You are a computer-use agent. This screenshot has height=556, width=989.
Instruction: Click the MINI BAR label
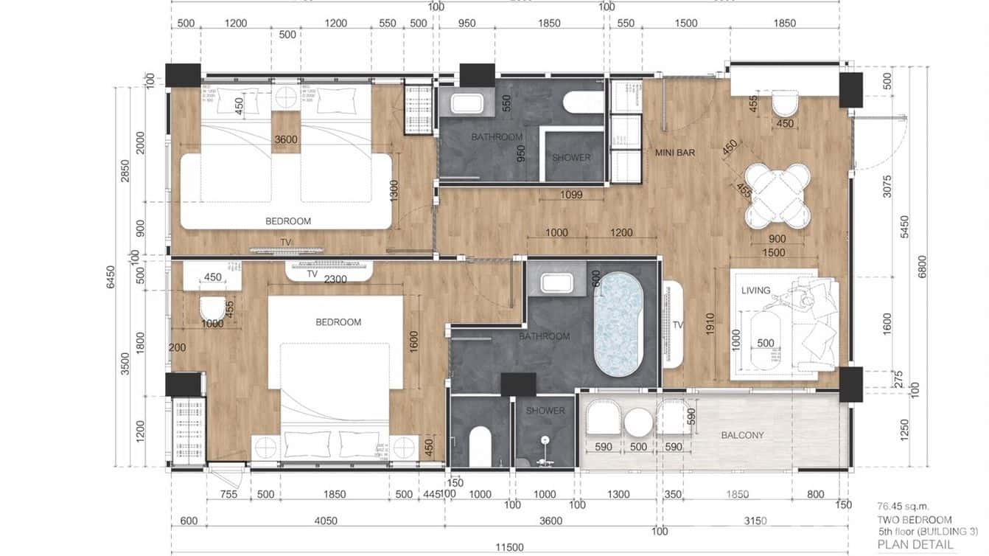coord(676,153)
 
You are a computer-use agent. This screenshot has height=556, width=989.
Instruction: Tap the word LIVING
coord(755,291)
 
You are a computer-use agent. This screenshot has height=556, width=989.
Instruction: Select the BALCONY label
coord(742,435)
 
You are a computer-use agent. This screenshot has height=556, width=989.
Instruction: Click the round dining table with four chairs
coord(777,195)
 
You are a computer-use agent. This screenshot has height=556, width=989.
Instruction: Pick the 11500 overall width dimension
coord(509,547)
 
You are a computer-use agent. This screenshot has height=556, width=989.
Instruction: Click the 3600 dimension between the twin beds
coord(285,139)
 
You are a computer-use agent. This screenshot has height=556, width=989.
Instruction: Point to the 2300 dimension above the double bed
coord(335,279)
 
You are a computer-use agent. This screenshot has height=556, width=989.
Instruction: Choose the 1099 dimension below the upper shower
coord(570,195)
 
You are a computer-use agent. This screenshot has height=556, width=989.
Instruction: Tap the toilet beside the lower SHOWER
coord(480,445)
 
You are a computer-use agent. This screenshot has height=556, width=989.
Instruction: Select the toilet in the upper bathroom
coord(583,102)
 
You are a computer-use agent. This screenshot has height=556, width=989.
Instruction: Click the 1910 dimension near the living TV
coord(710,325)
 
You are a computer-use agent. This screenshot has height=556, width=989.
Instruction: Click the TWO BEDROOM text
coord(914,519)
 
